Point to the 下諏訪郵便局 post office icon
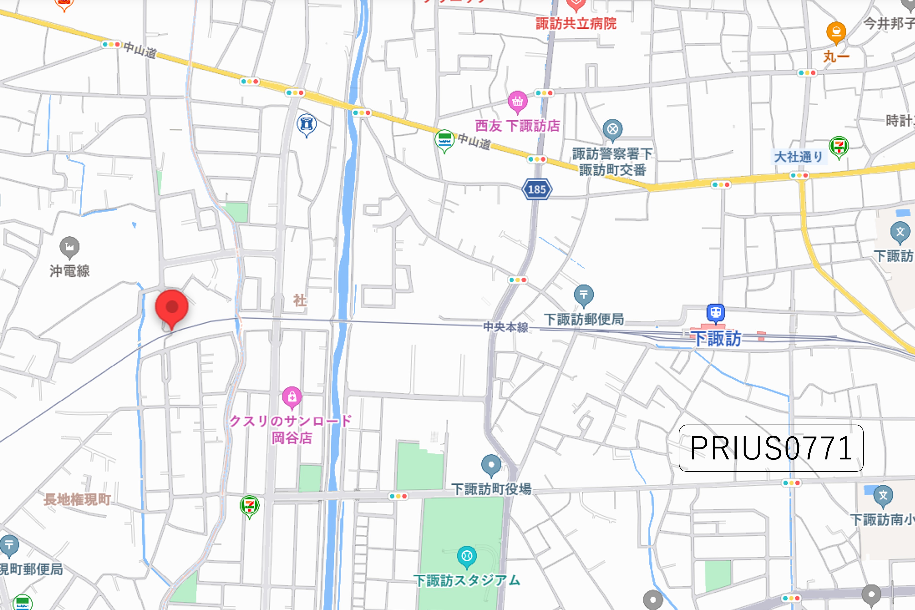(583, 295)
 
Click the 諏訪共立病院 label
(576, 24)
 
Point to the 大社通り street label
(798, 157)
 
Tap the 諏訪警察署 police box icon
(613, 129)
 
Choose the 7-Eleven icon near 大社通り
(839, 146)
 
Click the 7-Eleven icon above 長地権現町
(249, 506)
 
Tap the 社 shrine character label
(299, 300)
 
